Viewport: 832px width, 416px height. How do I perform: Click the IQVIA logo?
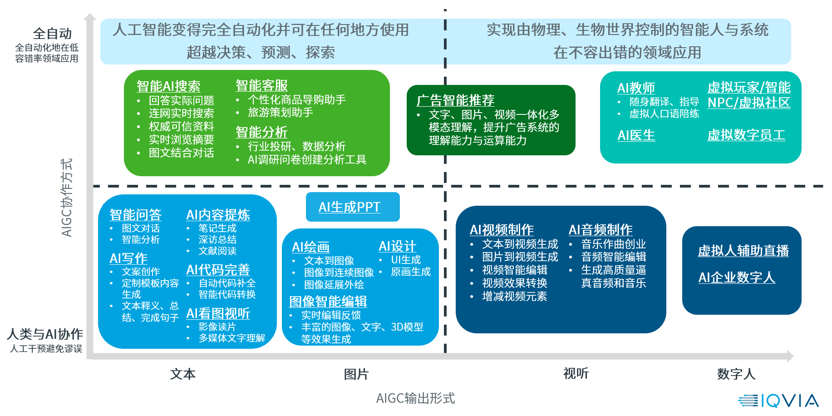click(x=778, y=401)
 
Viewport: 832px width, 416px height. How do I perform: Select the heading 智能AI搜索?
click(x=168, y=86)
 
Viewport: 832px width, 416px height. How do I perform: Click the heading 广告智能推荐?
click(x=455, y=100)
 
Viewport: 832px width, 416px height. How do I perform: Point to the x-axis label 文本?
click(x=182, y=374)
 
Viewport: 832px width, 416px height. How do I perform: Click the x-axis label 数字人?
click(x=736, y=374)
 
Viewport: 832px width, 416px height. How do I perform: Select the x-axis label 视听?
click(x=576, y=373)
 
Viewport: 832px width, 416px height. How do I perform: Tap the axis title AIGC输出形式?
click(x=415, y=398)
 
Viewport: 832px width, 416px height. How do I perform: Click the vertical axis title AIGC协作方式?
click(x=66, y=198)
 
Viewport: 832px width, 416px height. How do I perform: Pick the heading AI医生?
click(x=636, y=135)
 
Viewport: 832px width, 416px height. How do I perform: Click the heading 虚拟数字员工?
click(x=746, y=135)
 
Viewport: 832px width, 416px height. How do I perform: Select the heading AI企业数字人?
click(x=736, y=277)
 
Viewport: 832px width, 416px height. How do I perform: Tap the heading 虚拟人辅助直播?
click(x=743, y=251)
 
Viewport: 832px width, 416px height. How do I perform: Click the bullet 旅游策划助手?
click(x=280, y=112)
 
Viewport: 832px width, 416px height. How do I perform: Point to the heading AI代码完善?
click(x=218, y=270)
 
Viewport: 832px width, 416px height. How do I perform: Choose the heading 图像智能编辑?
click(x=328, y=302)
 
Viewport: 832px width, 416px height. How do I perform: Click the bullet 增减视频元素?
click(x=514, y=297)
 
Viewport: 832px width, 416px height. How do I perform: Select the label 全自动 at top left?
click(x=52, y=34)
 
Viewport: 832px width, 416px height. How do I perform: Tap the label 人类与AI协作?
click(x=45, y=334)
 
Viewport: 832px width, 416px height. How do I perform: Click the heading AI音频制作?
click(x=600, y=230)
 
